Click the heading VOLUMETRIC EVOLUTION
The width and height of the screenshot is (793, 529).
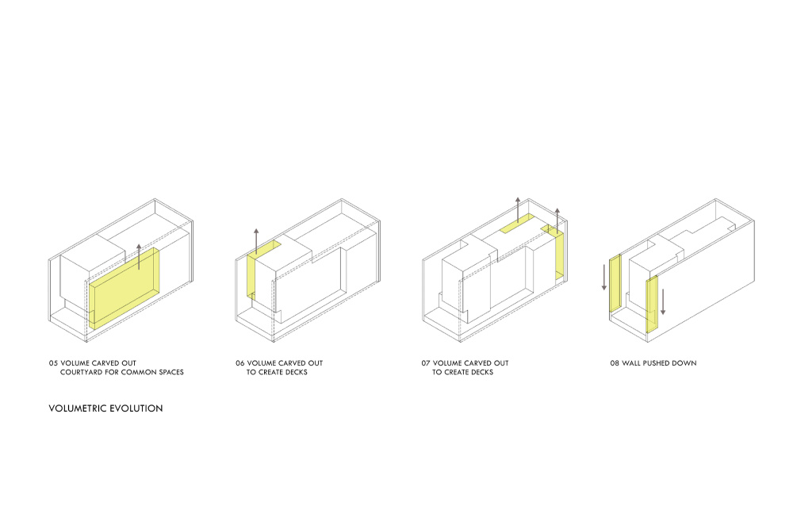[x=105, y=408]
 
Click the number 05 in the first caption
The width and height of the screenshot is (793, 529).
[x=53, y=363]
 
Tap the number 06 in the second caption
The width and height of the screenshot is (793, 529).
[x=239, y=363]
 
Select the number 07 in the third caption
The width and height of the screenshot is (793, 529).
[x=426, y=363]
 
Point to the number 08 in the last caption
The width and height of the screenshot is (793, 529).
[x=615, y=363]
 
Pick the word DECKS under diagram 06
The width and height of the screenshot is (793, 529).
[x=295, y=372]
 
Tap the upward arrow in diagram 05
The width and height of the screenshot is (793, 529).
[x=139, y=257]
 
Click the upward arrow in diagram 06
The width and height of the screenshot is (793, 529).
[x=256, y=241]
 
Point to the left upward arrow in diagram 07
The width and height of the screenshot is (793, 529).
[x=518, y=210]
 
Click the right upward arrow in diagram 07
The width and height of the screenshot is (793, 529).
[x=557, y=221]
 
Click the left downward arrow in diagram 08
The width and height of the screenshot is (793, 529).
[x=603, y=277]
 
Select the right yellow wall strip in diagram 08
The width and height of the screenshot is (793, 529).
[x=652, y=305]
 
